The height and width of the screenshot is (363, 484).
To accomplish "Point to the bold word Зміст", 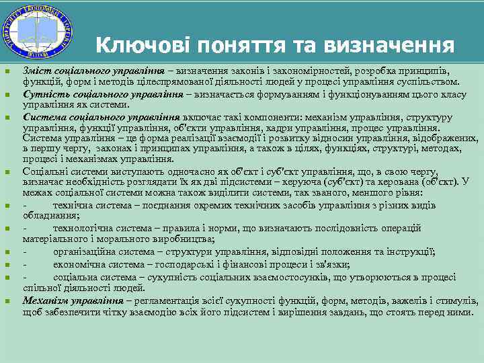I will tap(35, 70).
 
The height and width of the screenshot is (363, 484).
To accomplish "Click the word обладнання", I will tap(50, 216).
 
